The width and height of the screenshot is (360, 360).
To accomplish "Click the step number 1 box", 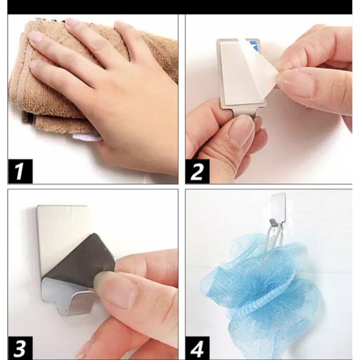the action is click(x=20, y=171).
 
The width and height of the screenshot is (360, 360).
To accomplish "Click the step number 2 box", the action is click(x=198, y=171).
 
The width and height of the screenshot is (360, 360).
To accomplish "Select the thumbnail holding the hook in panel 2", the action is click(x=241, y=130).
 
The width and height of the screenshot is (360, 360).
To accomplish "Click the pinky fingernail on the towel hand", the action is click(x=33, y=65).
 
